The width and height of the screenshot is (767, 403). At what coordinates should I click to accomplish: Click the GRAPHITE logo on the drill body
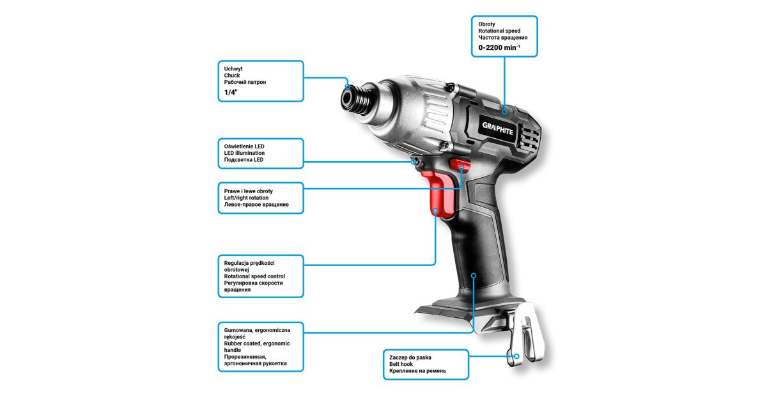click(497, 129)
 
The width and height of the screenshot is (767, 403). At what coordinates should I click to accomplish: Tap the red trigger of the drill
click(440, 194)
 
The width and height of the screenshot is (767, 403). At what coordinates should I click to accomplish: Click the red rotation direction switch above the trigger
click(460, 164)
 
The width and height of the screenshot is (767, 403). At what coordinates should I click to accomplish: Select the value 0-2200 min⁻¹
click(499, 47)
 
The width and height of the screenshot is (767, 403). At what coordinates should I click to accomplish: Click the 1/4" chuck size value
click(231, 92)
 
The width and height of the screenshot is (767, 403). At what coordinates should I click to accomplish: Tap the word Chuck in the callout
click(232, 75)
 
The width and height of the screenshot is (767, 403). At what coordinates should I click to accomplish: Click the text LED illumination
click(244, 153)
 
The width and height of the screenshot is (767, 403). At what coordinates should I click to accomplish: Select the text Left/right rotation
click(246, 198)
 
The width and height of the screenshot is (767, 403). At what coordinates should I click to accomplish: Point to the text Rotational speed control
click(254, 276)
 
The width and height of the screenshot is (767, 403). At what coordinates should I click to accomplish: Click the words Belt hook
click(401, 364)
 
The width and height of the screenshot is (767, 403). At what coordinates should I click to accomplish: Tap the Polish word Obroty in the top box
click(486, 24)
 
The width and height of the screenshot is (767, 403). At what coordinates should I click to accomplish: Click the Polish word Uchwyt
click(233, 69)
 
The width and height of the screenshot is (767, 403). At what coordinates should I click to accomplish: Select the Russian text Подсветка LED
click(244, 160)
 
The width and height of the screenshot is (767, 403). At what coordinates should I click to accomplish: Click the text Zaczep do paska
click(410, 358)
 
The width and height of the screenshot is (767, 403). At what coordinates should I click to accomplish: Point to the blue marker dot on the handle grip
click(474, 276)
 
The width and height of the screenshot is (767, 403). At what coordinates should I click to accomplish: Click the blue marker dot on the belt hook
click(516, 356)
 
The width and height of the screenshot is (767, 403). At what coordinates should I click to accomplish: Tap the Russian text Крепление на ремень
click(417, 371)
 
